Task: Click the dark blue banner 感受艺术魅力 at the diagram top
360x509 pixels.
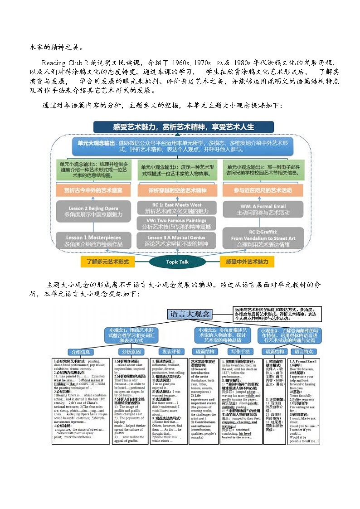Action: coord(183,126)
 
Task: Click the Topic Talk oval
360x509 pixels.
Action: coord(177,262)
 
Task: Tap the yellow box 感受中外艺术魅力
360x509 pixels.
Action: coord(247,262)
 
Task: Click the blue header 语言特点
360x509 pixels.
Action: coord(304,352)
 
